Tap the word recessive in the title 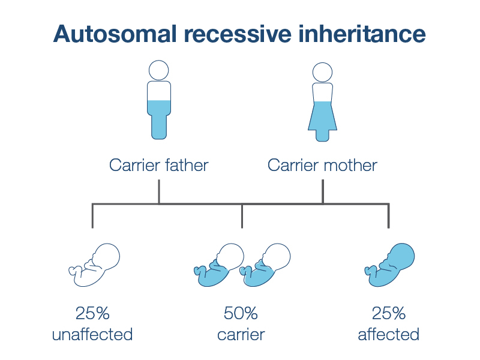coord(235,34)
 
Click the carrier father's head coord(159,70)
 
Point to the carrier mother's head coord(322,72)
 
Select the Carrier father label coord(158,165)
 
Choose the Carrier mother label coord(322,165)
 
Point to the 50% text coord(241,313)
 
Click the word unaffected coord(92,334)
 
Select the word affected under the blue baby coord(388,334)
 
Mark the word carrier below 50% coord(241,334)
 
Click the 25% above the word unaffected coord(92,313)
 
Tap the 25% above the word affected coord(388,313)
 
